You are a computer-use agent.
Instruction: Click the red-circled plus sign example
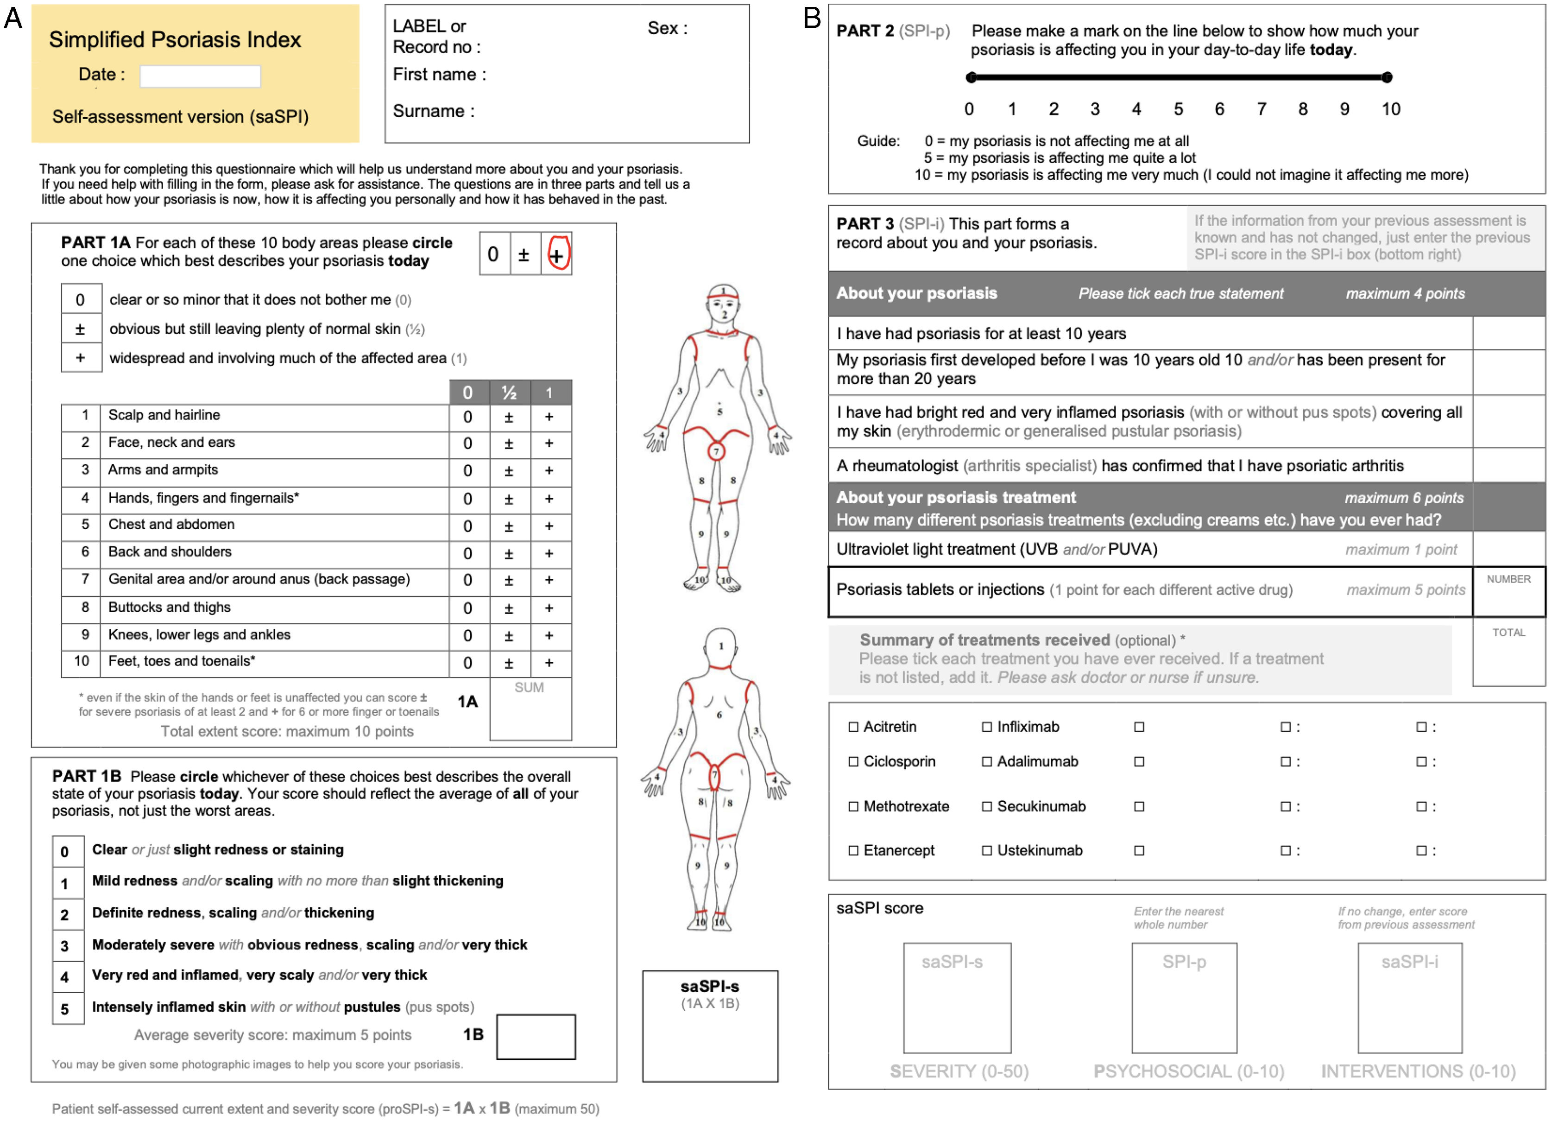click(x=557, y=254)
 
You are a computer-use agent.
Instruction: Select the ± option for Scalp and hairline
click(x=508, y=417)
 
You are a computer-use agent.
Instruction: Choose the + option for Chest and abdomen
click(x=549, y=526)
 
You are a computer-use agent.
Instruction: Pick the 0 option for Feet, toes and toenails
click(x=468, y=663)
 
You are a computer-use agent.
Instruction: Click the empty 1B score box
click(x=536, y=1036)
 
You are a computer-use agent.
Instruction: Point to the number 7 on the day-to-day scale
click(x=1261, y=109)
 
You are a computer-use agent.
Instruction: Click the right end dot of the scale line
click(x=1387, y=77)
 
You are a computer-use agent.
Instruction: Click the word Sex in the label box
click(x=663, y=28)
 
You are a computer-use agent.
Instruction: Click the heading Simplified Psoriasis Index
click(x=175, y=40)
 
